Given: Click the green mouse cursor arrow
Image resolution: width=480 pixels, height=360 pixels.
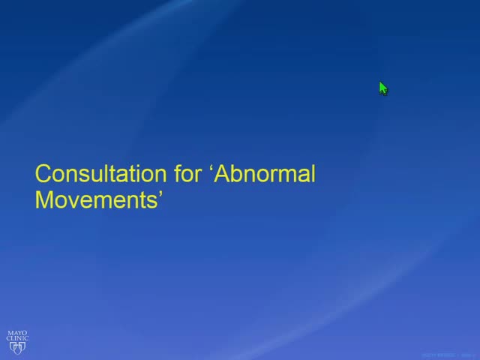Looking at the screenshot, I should (x=382, y=88).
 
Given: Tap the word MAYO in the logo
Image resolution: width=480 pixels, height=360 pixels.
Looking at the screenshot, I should (x=17, y=331).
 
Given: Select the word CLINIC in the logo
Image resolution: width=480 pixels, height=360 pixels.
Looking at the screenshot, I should (x=17, y=338).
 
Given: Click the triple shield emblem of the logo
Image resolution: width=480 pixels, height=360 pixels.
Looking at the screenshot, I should (x=17, y=347).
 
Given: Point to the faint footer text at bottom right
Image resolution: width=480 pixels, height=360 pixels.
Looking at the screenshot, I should (x=446, y=355).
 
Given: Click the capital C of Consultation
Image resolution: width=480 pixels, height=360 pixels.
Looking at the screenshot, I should (x=43, y=175).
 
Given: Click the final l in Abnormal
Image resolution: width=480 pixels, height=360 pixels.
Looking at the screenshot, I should (x=312, y=175).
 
